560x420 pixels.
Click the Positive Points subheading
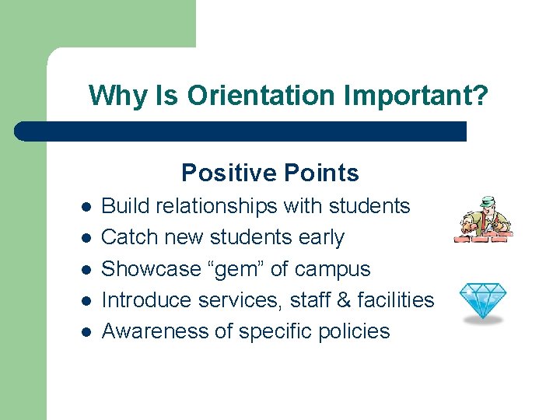tap(270, 173)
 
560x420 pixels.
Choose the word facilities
tap(396, 299)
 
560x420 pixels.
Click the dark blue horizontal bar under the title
tap(241, 131)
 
